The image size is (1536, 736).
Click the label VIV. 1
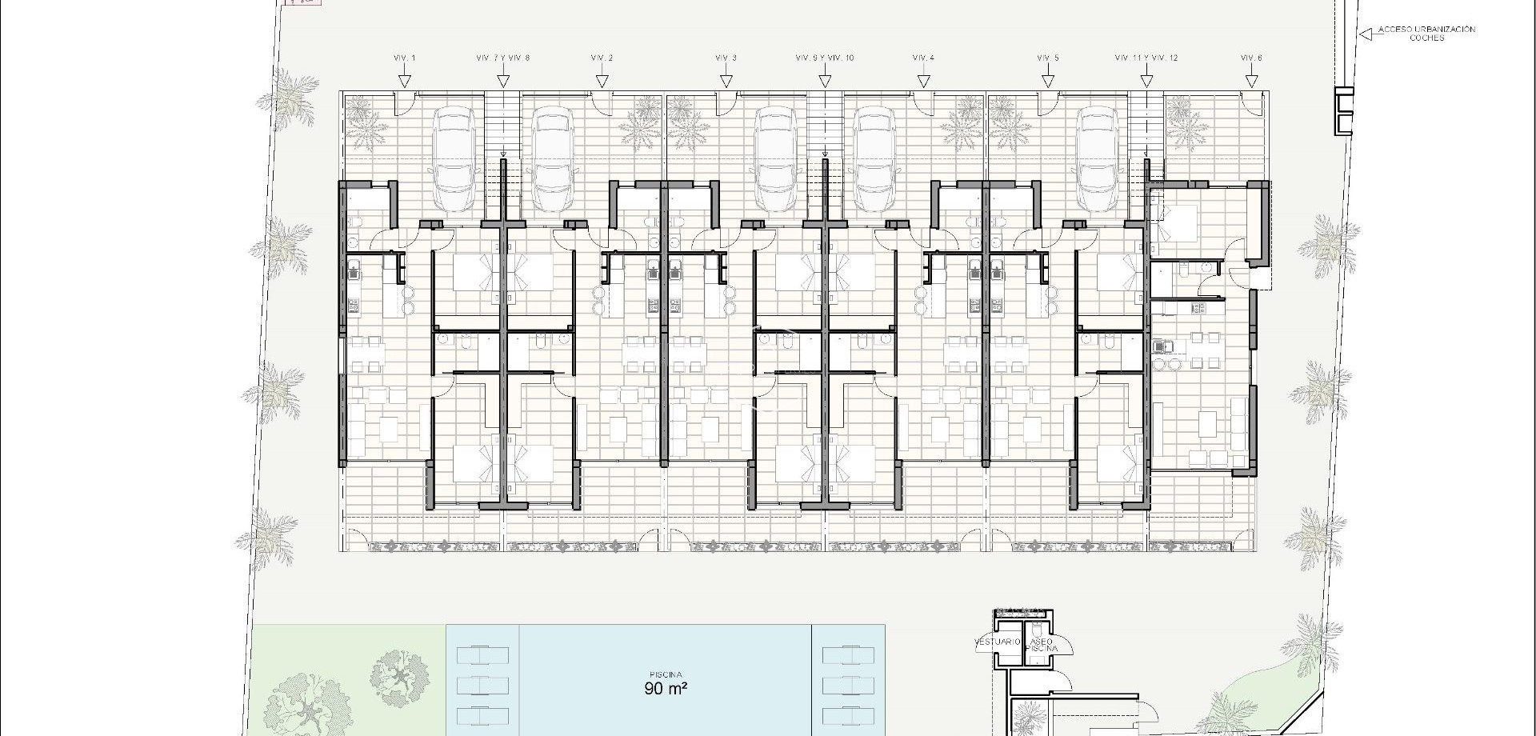click(x=405, y=58)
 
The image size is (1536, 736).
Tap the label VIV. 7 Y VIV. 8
click(x=503, y=58)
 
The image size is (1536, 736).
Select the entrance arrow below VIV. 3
click(x=726, y=81)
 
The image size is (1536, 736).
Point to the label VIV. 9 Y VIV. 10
click(x=825, y=58)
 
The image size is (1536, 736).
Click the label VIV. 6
click(x=1251, y=58)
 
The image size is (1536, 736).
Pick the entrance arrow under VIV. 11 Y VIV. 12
click(x=1146, y=81)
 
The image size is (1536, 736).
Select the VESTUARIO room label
click(x=997, y=642)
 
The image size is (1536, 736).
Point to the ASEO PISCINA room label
click(x=1041, y=646)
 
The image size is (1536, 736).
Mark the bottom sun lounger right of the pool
click(x=848, y=714)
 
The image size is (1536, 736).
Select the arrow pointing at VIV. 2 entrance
click(x=602, y=81)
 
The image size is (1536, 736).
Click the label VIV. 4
click(x=923, y=58)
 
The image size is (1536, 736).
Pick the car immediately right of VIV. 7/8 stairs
click(x=552, y=160)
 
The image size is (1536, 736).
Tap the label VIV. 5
click(x=1047, y=58)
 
